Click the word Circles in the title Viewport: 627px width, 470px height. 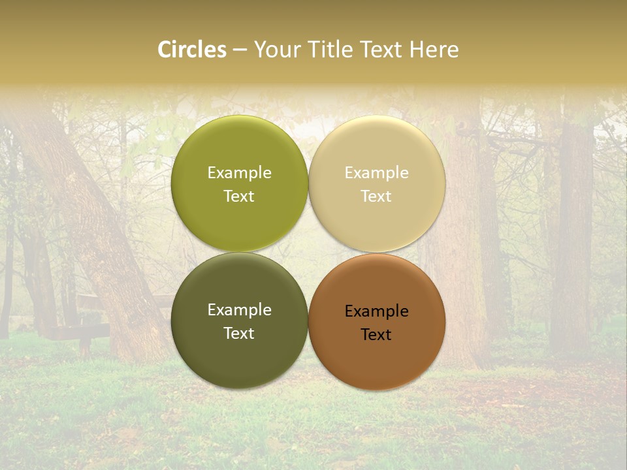(192, 50)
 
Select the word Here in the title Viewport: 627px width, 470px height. (434, 50)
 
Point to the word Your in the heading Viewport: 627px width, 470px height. (277, 50)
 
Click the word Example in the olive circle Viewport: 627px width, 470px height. (239, 173)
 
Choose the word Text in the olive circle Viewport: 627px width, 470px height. (239, 196)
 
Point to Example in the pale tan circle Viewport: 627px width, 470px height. (376, 173)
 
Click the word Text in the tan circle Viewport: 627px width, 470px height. (376, 196)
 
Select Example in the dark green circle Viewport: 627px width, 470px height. (239, 310)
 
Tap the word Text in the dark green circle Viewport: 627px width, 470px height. (239, 334)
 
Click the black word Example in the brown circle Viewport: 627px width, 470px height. (376, 311)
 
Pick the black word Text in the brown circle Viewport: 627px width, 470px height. (376, 335)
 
